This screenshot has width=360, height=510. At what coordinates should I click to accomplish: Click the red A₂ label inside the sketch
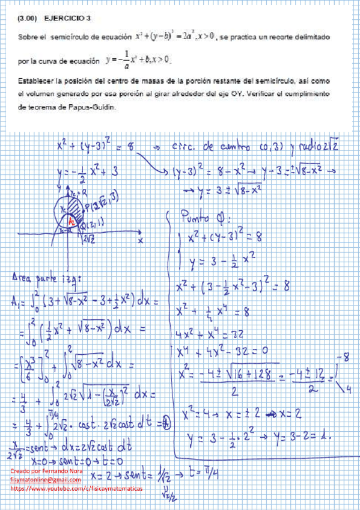point(70,222)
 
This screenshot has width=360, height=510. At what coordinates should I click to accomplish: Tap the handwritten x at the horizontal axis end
point(139,239)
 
